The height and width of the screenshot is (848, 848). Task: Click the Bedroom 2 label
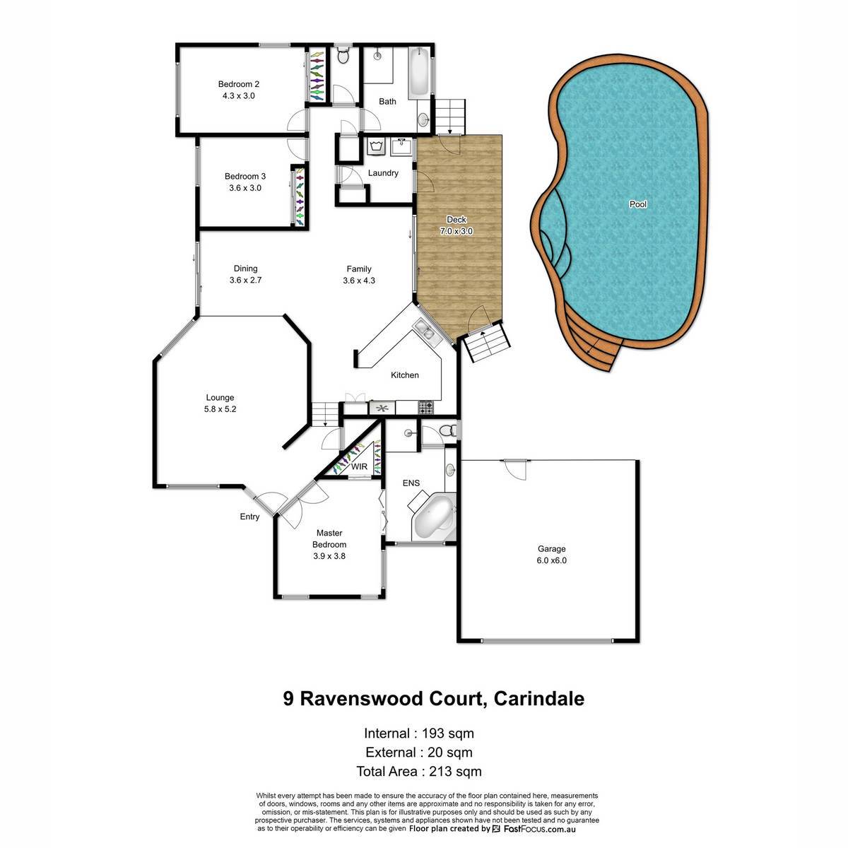239,84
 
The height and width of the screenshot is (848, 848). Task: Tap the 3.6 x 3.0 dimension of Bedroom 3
245,188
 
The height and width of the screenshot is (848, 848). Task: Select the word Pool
637,204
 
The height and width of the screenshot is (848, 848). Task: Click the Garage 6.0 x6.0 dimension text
551,560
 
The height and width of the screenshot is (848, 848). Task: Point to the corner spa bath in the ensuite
433,517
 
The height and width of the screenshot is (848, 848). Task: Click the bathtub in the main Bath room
418,73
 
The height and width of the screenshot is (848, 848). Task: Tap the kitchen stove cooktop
425,407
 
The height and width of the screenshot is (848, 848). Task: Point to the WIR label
359,466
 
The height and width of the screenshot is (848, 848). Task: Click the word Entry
249,517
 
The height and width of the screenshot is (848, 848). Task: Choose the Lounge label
220,398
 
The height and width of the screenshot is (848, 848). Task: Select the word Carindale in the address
539,699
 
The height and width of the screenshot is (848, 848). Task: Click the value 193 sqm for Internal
448,734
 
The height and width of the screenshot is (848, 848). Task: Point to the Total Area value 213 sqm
456,772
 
